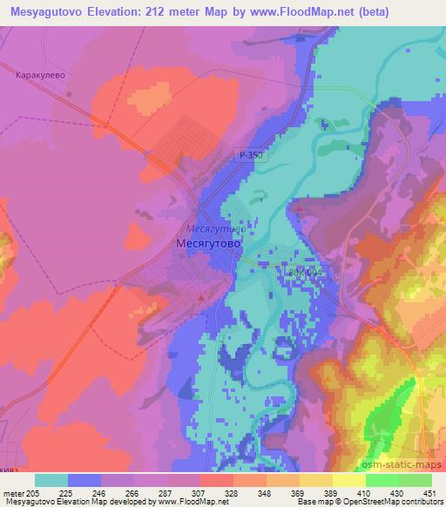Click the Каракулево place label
click(x=41, y=76)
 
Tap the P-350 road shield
click(x=250, y=154)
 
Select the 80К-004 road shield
click(x=304, y=273)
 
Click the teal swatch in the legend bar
click(x=51, y=480)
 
